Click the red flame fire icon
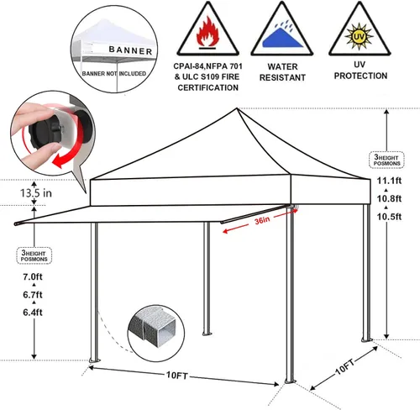click(x=207, y=32)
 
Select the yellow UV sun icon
click(x=359, y=36)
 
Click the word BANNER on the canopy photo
click(x=130, y=50)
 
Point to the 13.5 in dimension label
click(x=36, y=193)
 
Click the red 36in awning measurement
click(x=262, y=221)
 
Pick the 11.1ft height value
click(x=389, y=181)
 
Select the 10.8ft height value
click(x=389, y=198)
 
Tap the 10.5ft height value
click(x=389, y=217)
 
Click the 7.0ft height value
click(x=33, y=276)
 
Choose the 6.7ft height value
click(x=33, y=295)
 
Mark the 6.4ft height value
click(x=33, y=313)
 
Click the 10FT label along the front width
click(x=177, y=375)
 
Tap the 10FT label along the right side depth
click(x=345, y=366)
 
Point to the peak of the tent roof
click(x=237, y=108)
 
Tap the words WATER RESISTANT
click(x=282, y=72)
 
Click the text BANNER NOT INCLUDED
click(x=114, y=74)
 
